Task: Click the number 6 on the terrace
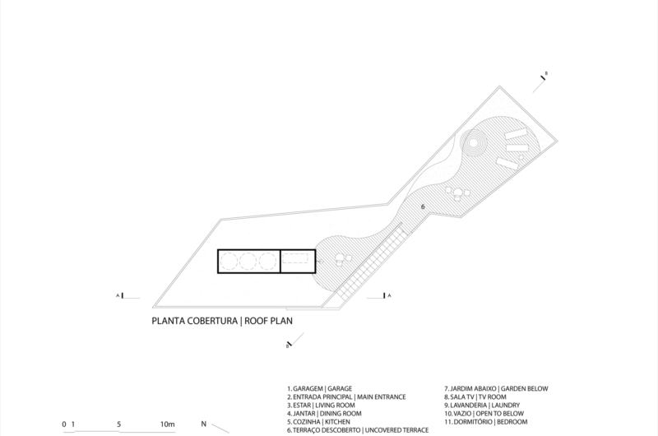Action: (x=423, y=206)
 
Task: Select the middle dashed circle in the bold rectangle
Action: (x=249, y=261)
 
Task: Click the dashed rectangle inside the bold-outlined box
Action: (x=297, y=261)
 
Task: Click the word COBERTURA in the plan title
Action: (x=207, y=322)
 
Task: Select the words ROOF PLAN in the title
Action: (x=268, y=322)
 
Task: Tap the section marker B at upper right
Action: (x=544, y=77)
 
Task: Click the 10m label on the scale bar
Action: (x=168, y=424)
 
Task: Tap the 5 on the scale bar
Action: (x=120, y=424)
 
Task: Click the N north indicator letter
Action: (x=204, y=424)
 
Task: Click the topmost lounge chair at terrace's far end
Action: (x=516, y=134)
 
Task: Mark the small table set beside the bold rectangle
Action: (x=341, y=258)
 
